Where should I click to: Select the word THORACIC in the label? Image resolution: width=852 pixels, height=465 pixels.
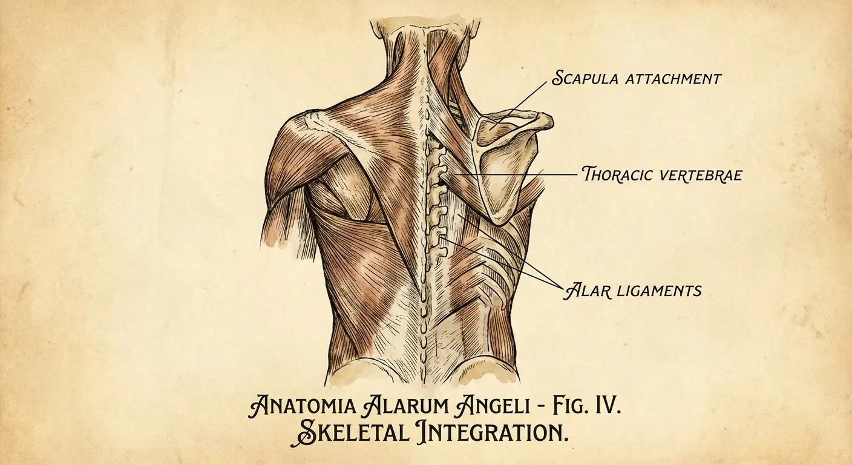click(x=617, y=175)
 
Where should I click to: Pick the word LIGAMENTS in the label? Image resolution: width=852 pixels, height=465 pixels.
click(x=658, y=291)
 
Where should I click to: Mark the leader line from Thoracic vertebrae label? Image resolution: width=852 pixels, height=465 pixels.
click(x=514, y=175)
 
